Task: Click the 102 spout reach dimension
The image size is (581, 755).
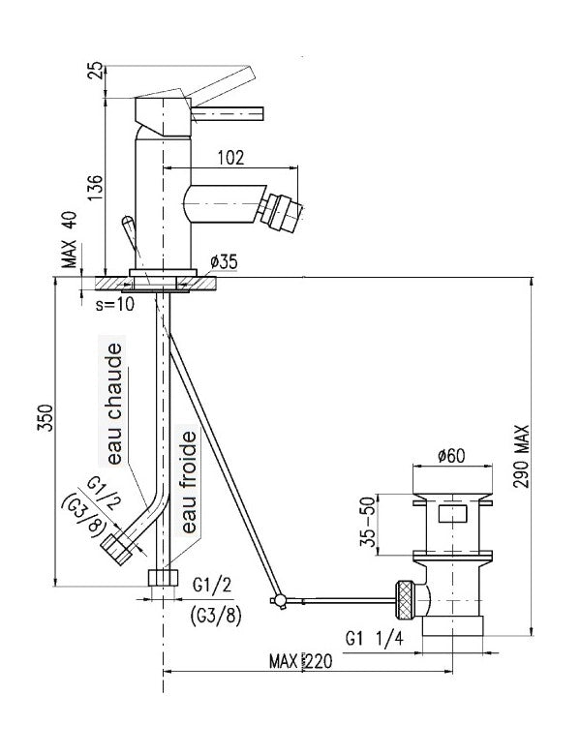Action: coord(231,158)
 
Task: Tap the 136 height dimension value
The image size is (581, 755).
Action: coord(96,189)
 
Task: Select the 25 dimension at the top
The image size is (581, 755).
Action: coord(97,70)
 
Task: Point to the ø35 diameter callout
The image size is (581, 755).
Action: coord(224,262)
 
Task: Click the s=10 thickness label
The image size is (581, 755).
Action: coord(114,304)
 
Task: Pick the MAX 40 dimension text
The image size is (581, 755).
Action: coord(70,239)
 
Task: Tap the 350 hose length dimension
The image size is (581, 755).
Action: coord(46,418)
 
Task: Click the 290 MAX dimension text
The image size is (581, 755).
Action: coord(521,457)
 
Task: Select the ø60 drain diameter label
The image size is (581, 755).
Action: coord(451,455)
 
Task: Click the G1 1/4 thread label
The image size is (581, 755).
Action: coord(375,639)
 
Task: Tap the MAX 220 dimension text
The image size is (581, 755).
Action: coord(300,661)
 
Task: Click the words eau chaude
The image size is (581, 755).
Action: coord(114,404)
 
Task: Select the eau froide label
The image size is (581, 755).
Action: coord(189,482)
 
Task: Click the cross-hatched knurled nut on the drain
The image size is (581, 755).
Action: coord(405,600)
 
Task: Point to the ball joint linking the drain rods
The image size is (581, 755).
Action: coord(279,600)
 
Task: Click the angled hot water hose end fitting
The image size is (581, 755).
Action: coord(116,550)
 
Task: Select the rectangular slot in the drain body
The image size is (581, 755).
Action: coord(452,513)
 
